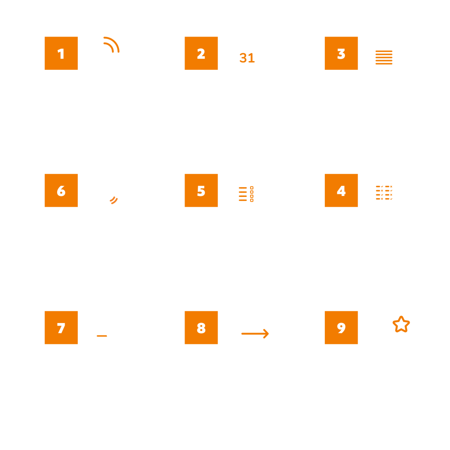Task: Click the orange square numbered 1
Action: (x=61, y=53)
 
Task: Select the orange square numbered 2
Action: (x=201, y=53)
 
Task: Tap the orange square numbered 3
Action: (x=341, y=53)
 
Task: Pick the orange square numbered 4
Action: (x=341, y=190)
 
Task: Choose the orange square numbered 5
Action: (x=201, y=190)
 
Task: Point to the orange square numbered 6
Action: (x=61, y=190)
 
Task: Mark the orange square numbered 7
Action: (x=61, y=327)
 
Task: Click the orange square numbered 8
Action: (x=201, y=327)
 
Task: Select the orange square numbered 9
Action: (x=341, y=327)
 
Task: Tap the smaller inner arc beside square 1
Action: (x=110, y=46)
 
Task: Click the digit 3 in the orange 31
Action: (x=243, y=58)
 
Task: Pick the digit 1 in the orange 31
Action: (x=251, y=58)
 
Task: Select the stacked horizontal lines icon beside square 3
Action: (x=384, y=58)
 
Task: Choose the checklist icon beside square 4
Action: (x=384, y=192)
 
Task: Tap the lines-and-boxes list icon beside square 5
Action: (x=246, y=194)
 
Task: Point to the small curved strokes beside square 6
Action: (x=114, y=200)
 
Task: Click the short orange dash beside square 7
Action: (x=102, y=336)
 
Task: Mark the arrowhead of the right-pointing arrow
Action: (x=266, y=334)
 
